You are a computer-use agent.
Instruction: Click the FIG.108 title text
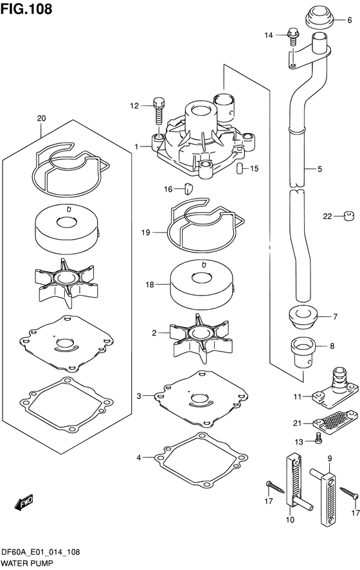click(x=26, y=9)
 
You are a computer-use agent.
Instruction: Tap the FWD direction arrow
click(x=24, y=502)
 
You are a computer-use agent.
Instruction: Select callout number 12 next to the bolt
click(x=134, y=106)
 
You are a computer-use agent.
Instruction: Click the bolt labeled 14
click(x=293, y=38)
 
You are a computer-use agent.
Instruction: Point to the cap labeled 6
click(x=319, y=18)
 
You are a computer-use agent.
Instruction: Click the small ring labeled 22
click(x=349, y=217)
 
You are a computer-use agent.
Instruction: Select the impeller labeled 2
click(x=201, y=337)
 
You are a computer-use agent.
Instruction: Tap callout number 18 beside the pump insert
click(x=150, y=285)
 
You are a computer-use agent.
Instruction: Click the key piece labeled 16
click(x=189, y=188)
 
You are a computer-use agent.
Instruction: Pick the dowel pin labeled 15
click(x=239, y=168)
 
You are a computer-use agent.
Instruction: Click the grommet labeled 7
click(x=303, y=317)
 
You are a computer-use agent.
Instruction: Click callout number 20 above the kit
click(x=41, y=118)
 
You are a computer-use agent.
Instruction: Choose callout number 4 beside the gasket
click(x=139, y=458)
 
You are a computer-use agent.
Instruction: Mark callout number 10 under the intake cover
click(x=290, y=520)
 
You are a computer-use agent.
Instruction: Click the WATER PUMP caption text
click(x=27, y=564)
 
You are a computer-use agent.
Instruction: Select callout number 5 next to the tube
click(x=319, y=169)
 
